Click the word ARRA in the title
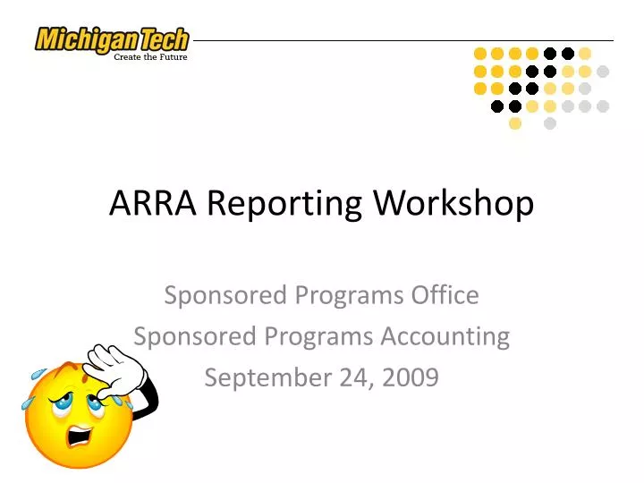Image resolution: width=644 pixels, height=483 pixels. pyautogui.click(x=154, y=204)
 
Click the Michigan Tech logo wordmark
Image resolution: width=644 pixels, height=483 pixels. pyautogui.click(x=112, y=40)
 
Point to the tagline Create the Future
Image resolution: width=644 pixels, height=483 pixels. pyautogui.click(x=150, y=57)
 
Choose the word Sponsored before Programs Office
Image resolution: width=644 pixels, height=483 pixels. pyautogui.click(x=217, y=294)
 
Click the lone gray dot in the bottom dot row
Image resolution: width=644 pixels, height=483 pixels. pyautogui.click(x=550, y=123)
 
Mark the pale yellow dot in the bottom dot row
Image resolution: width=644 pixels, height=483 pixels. pyautogui.click(x=515, y=123)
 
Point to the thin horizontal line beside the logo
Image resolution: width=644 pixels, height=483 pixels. pyautogui.click(x=402, y=40)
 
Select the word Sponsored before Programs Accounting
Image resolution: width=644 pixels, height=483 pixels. pyautogui.click(x=187, y=336)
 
